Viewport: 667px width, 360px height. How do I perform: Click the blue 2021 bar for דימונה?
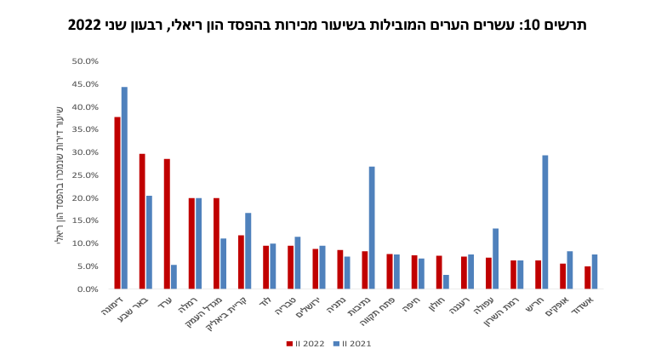point(124,188)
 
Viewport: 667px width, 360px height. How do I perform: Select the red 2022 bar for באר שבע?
point(142,221)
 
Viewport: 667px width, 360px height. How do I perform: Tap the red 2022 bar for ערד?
point(167,224)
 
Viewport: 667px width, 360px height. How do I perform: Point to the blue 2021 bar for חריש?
point(544,222)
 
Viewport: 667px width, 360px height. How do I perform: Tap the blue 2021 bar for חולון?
point(446,282)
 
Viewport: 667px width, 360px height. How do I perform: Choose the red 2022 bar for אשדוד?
point(587,277)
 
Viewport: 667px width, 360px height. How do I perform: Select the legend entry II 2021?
point(351,344)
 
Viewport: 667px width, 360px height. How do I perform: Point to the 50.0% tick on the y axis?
point(86,61)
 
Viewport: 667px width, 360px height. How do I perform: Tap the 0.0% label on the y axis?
point(88,289)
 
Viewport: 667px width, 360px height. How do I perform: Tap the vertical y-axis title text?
point(60,174)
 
